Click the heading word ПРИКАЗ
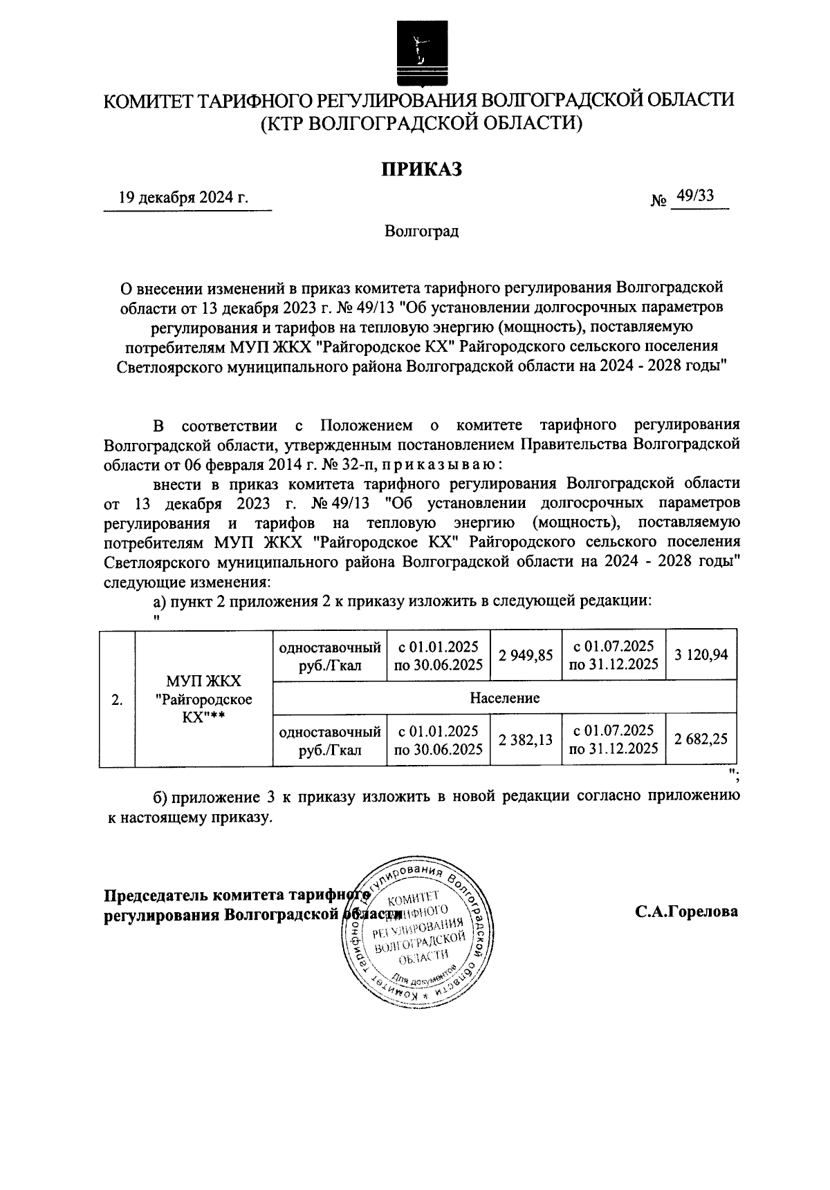click(x=422, y=169)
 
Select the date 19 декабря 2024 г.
click(x=183, y=198)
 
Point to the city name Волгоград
click(x=422, y=231)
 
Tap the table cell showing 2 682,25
click(x=701, y=740)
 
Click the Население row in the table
click(x=505, y=698)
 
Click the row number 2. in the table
click(x=117, y=699)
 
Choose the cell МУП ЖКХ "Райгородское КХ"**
click(x=204, y=698)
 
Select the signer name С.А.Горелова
click(x=687, y=912)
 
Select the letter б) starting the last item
click(x=161, y=796)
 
